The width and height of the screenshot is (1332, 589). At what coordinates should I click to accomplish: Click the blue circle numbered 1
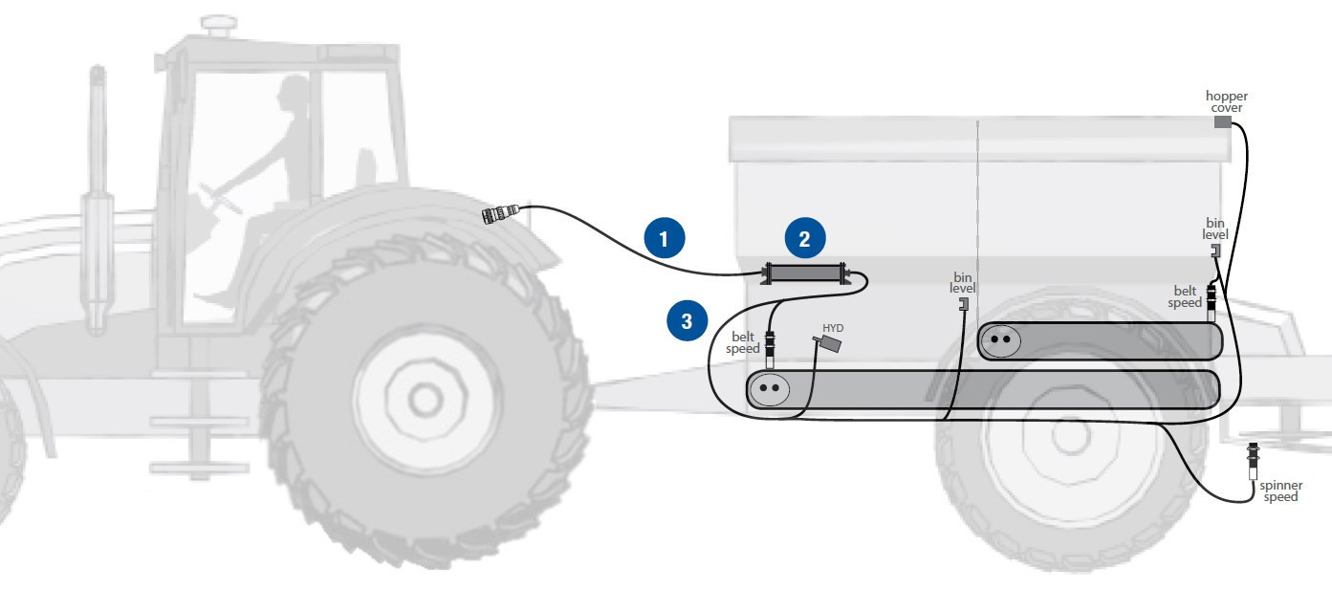tap(664, 238)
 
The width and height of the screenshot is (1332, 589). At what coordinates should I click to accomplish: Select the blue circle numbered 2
tap(805, 238)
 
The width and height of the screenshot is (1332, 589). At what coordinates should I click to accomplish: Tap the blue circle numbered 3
tap(687, 321)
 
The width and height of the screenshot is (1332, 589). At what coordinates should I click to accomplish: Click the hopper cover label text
tap(1226, 101)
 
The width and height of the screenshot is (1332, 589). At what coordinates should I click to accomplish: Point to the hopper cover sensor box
tap(1223, 121)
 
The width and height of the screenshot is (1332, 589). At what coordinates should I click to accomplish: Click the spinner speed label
tap(1280, 491)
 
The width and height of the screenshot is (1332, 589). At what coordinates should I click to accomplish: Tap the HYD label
tap(833, 328)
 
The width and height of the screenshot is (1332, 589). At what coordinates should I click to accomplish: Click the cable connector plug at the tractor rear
tap(500, 213)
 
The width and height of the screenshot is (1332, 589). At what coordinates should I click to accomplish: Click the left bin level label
tap(962, 282)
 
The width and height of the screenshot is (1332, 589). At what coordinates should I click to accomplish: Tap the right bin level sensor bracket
tap(1215, 251)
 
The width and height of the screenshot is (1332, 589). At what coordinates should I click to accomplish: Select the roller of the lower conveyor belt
tap(771, 389)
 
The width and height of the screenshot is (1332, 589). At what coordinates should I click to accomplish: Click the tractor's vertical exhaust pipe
tap(96, 201)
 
